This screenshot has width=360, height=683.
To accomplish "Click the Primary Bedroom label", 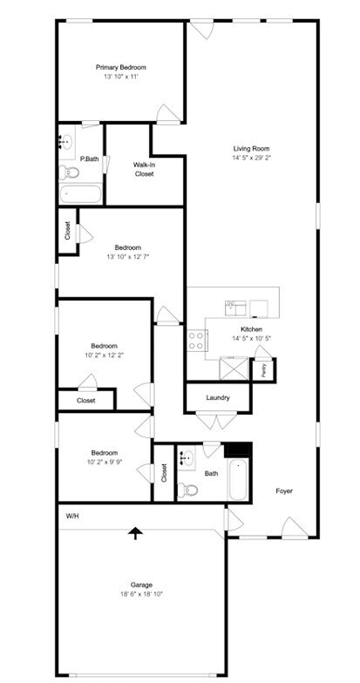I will coord(120,67).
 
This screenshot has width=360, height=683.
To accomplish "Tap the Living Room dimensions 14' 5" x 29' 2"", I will coord(251,158).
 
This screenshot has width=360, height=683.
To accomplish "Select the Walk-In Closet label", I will coord(144,169).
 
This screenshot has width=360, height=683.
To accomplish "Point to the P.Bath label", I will coord(89,159).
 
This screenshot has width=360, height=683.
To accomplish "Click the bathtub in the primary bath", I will coord(81,194).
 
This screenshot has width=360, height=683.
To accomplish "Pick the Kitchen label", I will coord(251,328).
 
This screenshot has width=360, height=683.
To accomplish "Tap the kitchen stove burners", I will coord(196,339).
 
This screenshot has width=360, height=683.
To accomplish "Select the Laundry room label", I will coord(218,397).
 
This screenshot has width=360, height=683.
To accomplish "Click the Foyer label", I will coord(284,490).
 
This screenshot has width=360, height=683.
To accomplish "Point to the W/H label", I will coord(73,517).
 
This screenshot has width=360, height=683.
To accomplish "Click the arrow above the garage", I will coord(135,532).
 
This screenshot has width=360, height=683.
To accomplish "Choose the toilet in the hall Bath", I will coord(188,490).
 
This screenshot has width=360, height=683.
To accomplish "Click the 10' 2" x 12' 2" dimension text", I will coord(105,355).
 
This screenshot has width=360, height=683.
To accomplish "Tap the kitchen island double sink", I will coord(237,305).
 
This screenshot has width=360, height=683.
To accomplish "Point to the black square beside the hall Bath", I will coord(238,450).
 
